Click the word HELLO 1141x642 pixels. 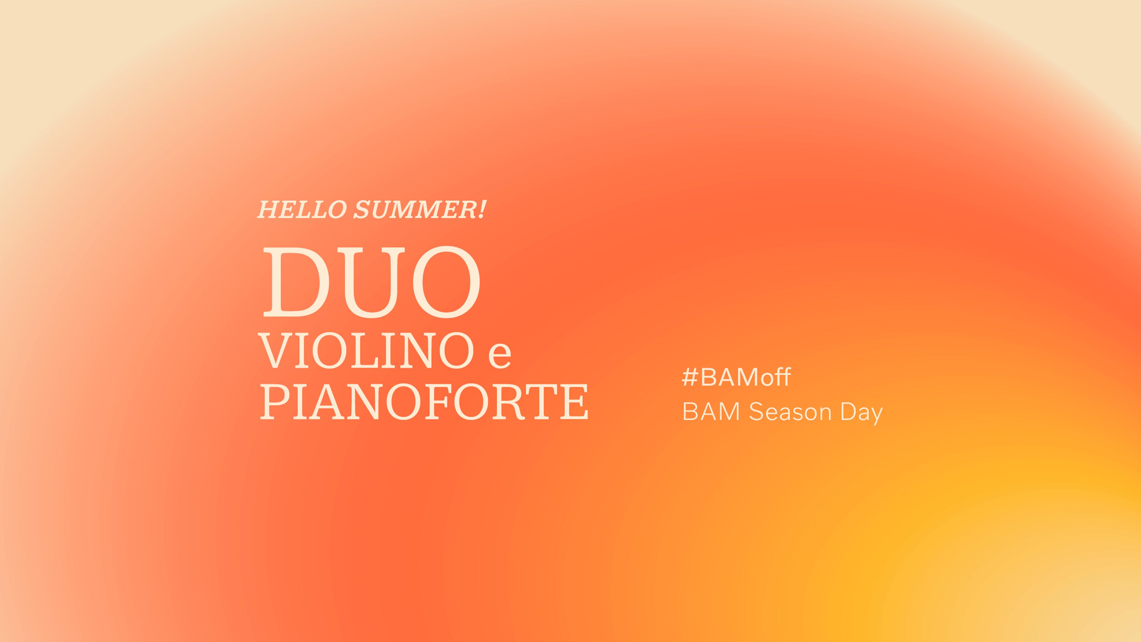pyautogui.click(x=302, y=210)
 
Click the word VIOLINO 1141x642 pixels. pyautogui.click(x=366, y=350)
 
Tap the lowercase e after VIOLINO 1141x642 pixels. pyautogui.click(x=499, y=356)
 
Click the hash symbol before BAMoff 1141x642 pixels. pyautogui.click(x=690, y=377)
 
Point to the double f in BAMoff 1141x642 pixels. pyautogui.click(x=782, y=377)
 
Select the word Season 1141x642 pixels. pyautogui.click(x=790, y=412)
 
